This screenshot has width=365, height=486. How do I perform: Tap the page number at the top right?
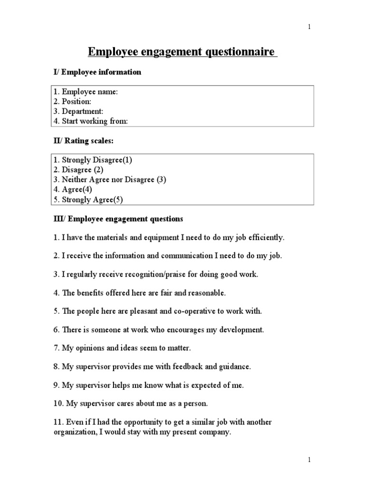click(309, 27)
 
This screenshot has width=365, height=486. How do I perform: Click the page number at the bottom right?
click(309, 460)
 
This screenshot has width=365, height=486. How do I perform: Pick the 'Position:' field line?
click(77, 102)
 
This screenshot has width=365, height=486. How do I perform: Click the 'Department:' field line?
click(81, 112)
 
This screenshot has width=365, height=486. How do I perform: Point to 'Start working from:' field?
click(91, 121)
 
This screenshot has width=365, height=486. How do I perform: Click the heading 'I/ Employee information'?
click(97, 72)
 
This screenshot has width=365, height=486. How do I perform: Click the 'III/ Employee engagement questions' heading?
click(117, 219)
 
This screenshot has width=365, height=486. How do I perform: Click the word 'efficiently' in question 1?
click(267, 237)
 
